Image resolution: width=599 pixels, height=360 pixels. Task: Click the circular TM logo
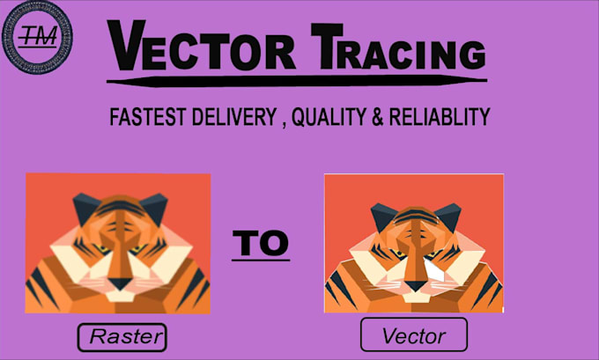38,38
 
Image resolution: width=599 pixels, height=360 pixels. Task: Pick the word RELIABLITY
446,117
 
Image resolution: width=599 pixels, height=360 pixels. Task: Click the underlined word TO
260,244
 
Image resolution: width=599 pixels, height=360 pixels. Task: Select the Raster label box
122,336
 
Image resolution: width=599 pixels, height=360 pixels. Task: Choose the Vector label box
413,334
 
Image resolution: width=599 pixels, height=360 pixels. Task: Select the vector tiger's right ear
446,211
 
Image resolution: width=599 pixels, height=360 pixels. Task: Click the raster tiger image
118,243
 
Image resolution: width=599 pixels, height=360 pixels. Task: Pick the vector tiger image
413,242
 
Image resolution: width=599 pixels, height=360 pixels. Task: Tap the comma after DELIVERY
283,123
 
